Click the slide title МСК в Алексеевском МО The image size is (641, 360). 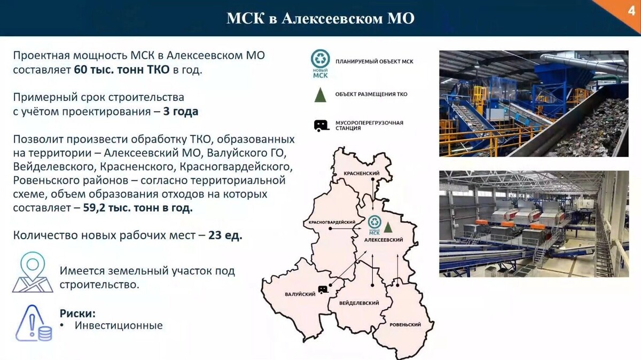(320, 19)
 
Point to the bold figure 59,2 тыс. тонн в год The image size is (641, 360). (138, 208)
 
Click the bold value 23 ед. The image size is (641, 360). (224, 236)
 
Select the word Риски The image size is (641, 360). (77, 313)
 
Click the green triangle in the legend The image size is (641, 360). (320, 94)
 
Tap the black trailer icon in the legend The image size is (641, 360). (321, 126)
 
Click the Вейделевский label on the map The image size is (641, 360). (359, 303)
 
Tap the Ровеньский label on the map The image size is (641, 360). (405, 325)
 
